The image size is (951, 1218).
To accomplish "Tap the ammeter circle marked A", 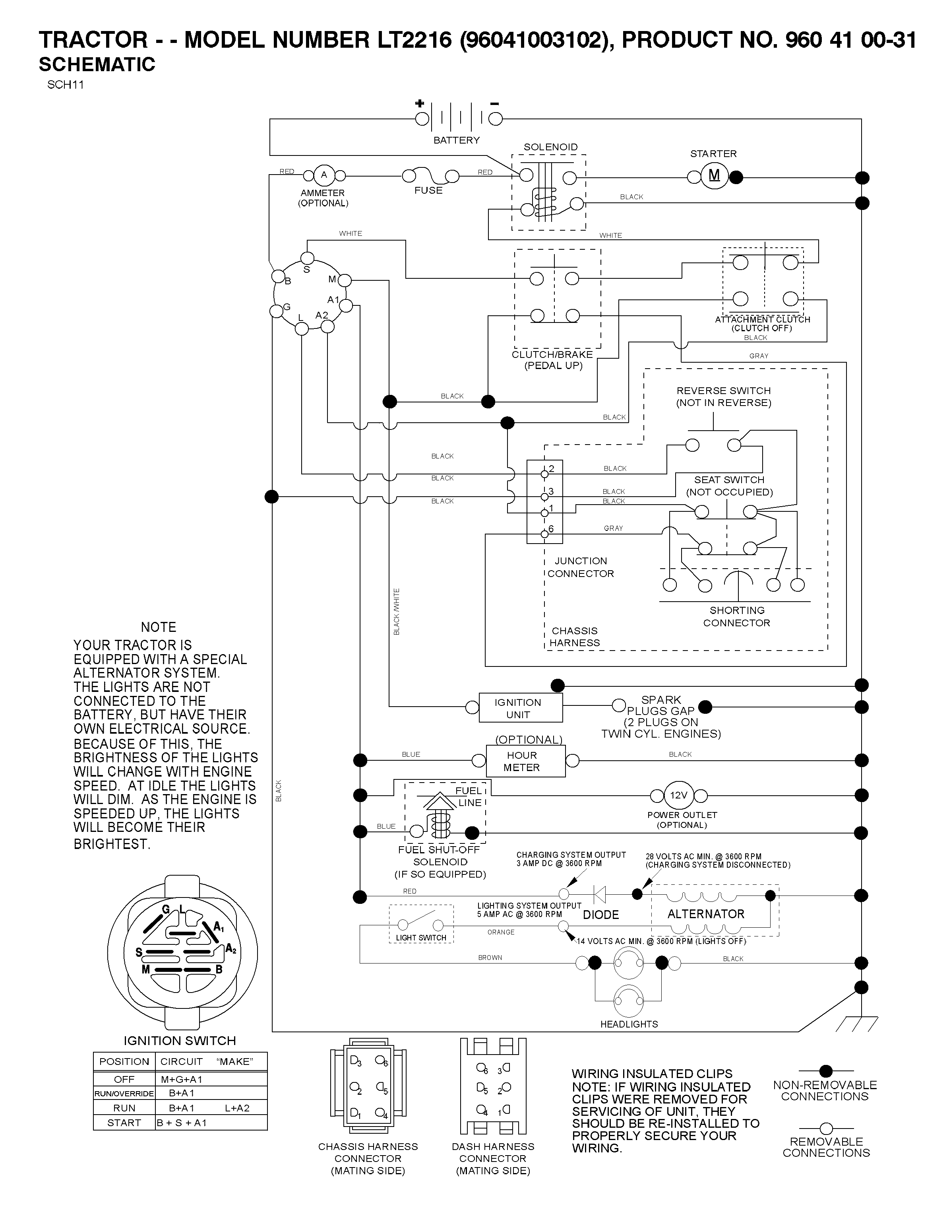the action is (x=324, y=175).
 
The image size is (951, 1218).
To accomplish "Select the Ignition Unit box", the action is (x=521, y=708).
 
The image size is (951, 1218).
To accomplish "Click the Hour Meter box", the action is (x=526, y=761).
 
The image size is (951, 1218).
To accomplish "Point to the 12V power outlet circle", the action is (x=678, y=795).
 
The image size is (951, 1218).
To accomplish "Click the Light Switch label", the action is (x=421, y=938).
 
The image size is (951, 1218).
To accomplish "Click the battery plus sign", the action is (x=419, y=103).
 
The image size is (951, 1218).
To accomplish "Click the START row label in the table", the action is (x=124, y=1123).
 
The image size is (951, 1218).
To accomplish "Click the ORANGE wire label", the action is (x=501, y=932).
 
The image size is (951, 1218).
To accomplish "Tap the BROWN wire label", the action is (x=490, y=958).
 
